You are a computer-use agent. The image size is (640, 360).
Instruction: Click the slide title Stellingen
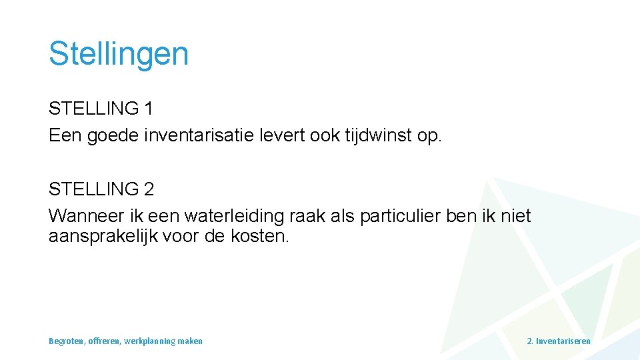pos(119,53)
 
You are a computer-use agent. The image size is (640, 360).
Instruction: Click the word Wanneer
pos(81,216)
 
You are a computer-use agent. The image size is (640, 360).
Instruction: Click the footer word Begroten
pos(67,341)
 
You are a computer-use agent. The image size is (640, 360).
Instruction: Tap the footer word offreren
pos(105,341)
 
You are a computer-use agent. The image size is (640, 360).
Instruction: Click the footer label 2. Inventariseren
pos(558,341)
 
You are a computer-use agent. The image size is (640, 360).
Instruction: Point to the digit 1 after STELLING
pos(148,108)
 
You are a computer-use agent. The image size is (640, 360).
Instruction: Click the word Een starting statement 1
pos(64,135)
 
